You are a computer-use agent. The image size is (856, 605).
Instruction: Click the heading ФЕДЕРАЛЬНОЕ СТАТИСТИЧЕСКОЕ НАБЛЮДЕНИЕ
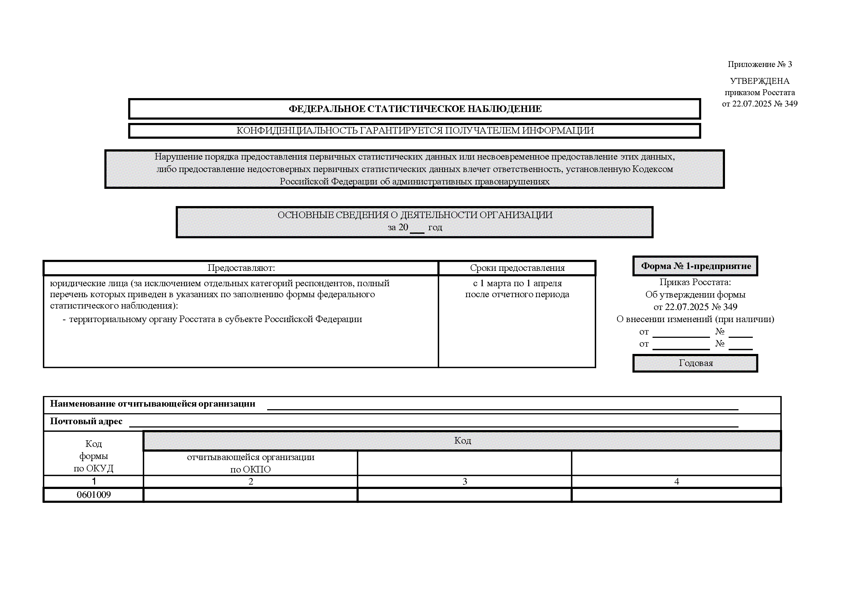tap(415, 109)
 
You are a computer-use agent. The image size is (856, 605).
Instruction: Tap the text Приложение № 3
tap(759, 64)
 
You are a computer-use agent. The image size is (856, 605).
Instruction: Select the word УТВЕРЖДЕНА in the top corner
tap(759, 81)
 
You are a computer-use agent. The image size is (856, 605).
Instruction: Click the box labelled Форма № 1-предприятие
tap(695, 266)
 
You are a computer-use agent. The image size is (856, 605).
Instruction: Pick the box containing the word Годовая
tap(695, 363)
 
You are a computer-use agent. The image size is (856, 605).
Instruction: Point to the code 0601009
tap(94, 495)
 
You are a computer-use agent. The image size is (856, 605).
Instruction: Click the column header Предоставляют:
tap(241, 268)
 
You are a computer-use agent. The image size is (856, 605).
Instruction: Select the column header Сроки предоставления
tap(517, 268)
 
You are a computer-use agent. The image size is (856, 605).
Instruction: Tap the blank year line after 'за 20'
tap(417, 228)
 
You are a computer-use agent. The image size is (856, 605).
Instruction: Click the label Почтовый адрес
tap(86, 421)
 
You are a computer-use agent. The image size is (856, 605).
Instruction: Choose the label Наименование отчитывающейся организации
tap(153, 404)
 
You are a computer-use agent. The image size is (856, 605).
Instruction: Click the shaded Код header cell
tap(462, 441)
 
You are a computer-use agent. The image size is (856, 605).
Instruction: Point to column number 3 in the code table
tap(464, 481)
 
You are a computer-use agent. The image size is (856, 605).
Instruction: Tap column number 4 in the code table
tap(676, 481)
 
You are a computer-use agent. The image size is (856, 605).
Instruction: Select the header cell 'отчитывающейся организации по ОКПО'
tap(251, 463)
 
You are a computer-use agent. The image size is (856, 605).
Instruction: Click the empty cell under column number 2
tap(251, 495)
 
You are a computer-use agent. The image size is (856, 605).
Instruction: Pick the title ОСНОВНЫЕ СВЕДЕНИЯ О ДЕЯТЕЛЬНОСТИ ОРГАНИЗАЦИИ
tap(415, 215)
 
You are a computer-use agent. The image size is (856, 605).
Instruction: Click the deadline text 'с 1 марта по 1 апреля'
tap(517, 283)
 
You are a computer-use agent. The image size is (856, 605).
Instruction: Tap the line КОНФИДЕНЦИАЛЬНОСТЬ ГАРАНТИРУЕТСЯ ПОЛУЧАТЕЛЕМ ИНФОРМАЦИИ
tap(415, 131)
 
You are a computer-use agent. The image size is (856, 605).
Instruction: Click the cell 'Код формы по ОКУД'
tap(94, 456)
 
